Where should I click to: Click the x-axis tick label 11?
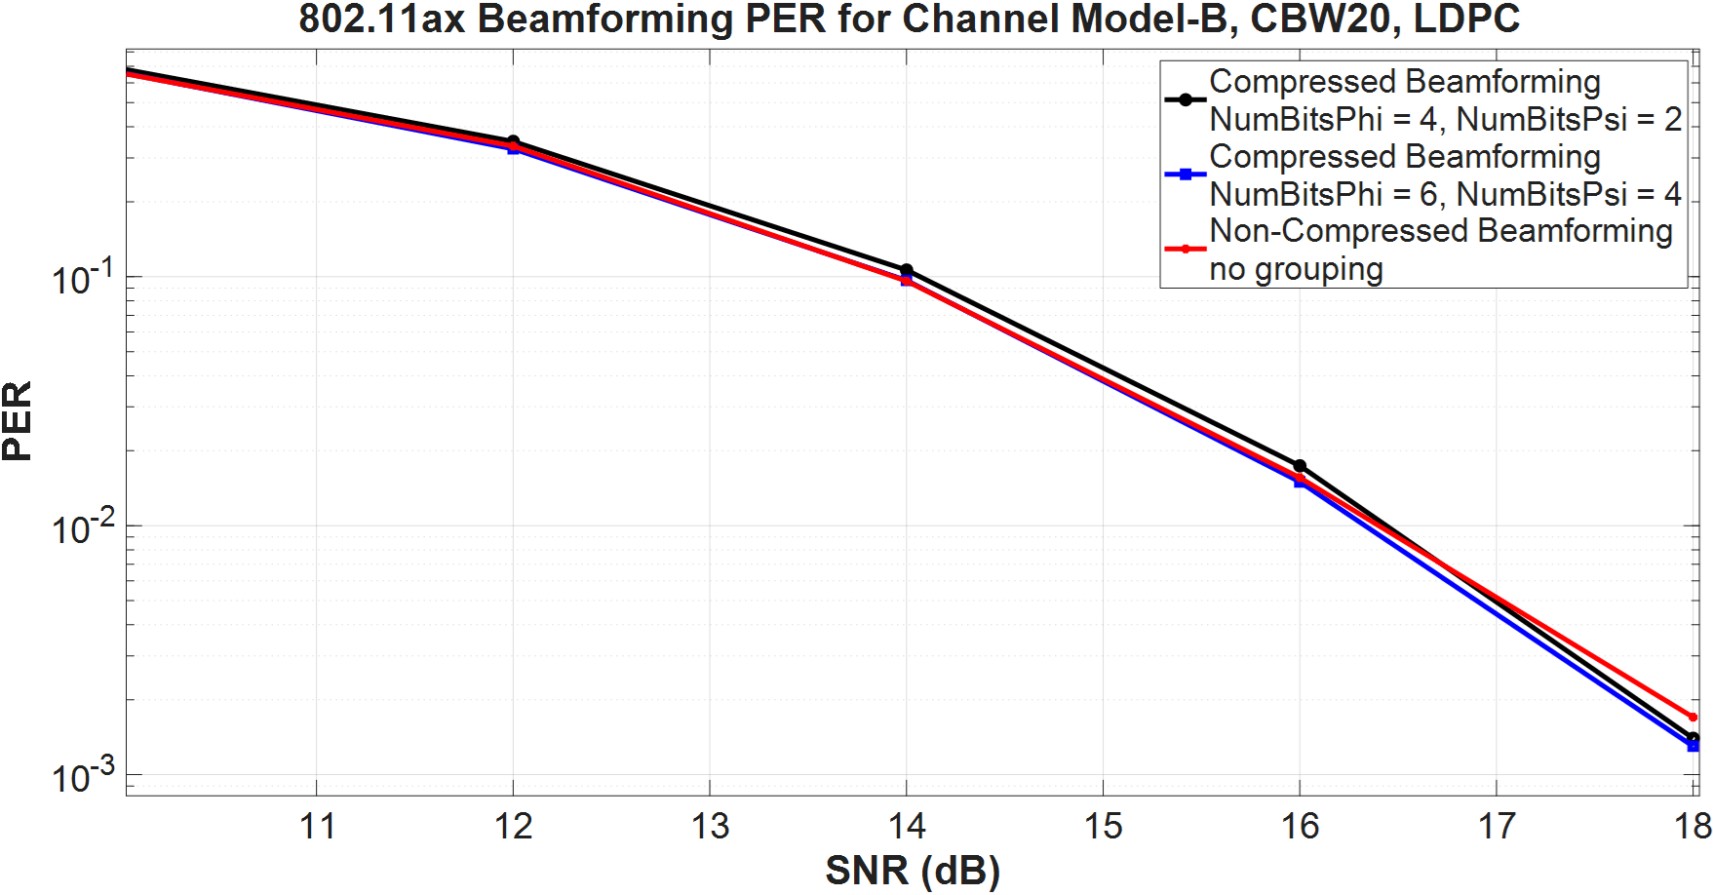[317, 827]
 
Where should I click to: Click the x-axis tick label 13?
[710, 827]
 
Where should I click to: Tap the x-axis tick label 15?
[1103, 827]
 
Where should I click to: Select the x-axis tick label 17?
[1497, 827]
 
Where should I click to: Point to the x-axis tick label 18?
[1693, 827]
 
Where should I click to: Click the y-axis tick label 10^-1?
[83, 278]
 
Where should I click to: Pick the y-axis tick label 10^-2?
[83, 527]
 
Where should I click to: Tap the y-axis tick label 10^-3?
[83, 776]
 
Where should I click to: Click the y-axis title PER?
[18, 421]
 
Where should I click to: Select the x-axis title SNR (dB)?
[913, 870]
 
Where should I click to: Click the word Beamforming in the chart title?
[604, 19]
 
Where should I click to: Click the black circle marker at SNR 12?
[514, 142]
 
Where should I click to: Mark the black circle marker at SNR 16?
[1300, 466]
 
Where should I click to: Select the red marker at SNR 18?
[1693, 717]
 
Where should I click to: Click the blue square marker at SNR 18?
[1693, 746]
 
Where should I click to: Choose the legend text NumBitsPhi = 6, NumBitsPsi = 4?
[1445, 194]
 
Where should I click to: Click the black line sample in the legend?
[1186, 99]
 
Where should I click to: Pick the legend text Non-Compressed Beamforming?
[1441, 231]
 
